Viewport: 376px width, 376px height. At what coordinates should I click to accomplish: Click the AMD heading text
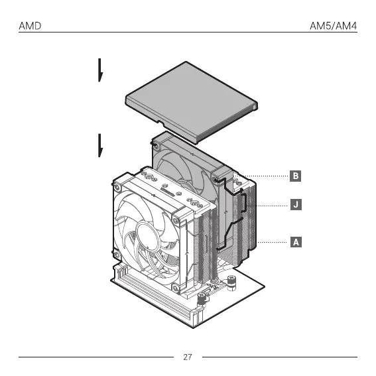[30, 26]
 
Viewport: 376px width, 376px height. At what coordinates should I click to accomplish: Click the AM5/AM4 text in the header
[334, 26]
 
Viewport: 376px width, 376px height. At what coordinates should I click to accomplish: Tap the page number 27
[188, 357]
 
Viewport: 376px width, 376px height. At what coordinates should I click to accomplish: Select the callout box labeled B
[296, 176]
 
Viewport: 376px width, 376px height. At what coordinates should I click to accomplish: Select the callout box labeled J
[296, 204]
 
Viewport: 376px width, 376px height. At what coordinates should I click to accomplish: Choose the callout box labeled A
[296, 242]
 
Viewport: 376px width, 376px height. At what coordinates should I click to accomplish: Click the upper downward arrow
[100, 70]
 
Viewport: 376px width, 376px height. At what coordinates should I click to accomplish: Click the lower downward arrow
[100, 145]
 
